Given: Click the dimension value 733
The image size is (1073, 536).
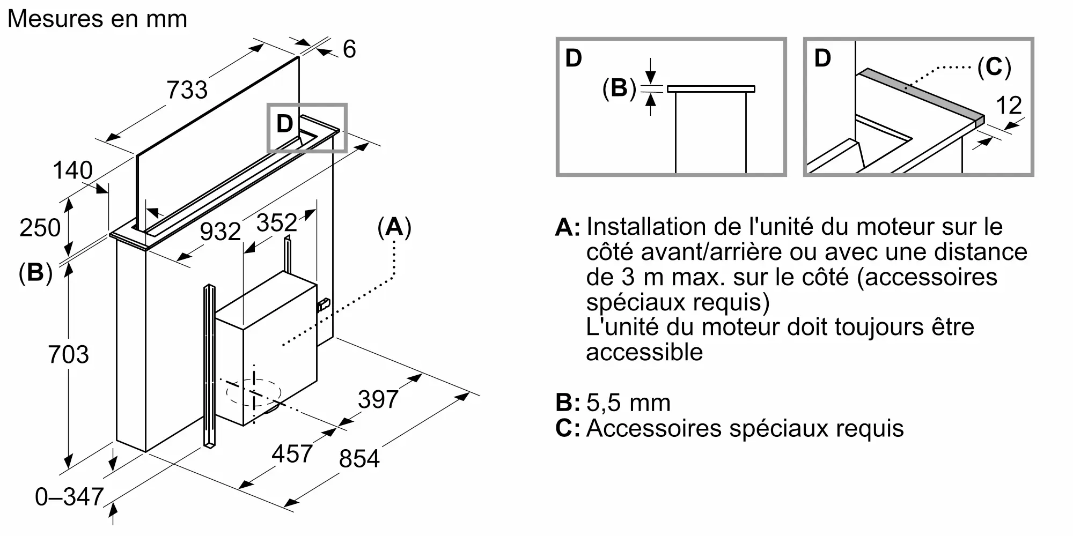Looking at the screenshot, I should [187, 90].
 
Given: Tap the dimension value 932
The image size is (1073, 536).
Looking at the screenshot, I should [220, 232].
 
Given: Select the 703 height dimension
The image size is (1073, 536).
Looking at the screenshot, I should [68, 355].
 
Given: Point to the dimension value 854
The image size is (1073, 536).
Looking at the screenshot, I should [359, 459].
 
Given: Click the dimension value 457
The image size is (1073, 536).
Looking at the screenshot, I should [292, 454].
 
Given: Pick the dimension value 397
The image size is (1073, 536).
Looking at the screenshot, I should [378, 399].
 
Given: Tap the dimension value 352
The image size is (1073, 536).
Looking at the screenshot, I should [276, 222].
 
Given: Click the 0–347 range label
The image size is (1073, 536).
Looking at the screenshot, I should [69, 497].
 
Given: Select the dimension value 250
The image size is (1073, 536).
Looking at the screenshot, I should [40, 228].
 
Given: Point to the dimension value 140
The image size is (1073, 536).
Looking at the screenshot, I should [72, 170].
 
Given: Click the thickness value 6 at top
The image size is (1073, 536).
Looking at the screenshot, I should [349, 49].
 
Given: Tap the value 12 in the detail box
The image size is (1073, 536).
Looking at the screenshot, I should [1009, 106].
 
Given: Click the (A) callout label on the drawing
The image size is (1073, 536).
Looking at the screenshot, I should [394, 227].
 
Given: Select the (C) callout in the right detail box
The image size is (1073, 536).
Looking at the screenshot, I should [994, 68].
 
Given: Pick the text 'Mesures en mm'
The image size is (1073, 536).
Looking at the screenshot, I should [97, 19].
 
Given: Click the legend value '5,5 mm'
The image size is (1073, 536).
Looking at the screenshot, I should [628, 403].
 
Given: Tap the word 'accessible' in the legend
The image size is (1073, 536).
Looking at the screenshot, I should [644, 353].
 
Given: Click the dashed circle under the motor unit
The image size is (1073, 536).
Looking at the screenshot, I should [253, 393].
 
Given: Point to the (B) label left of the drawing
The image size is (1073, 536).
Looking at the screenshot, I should [35, 273].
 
